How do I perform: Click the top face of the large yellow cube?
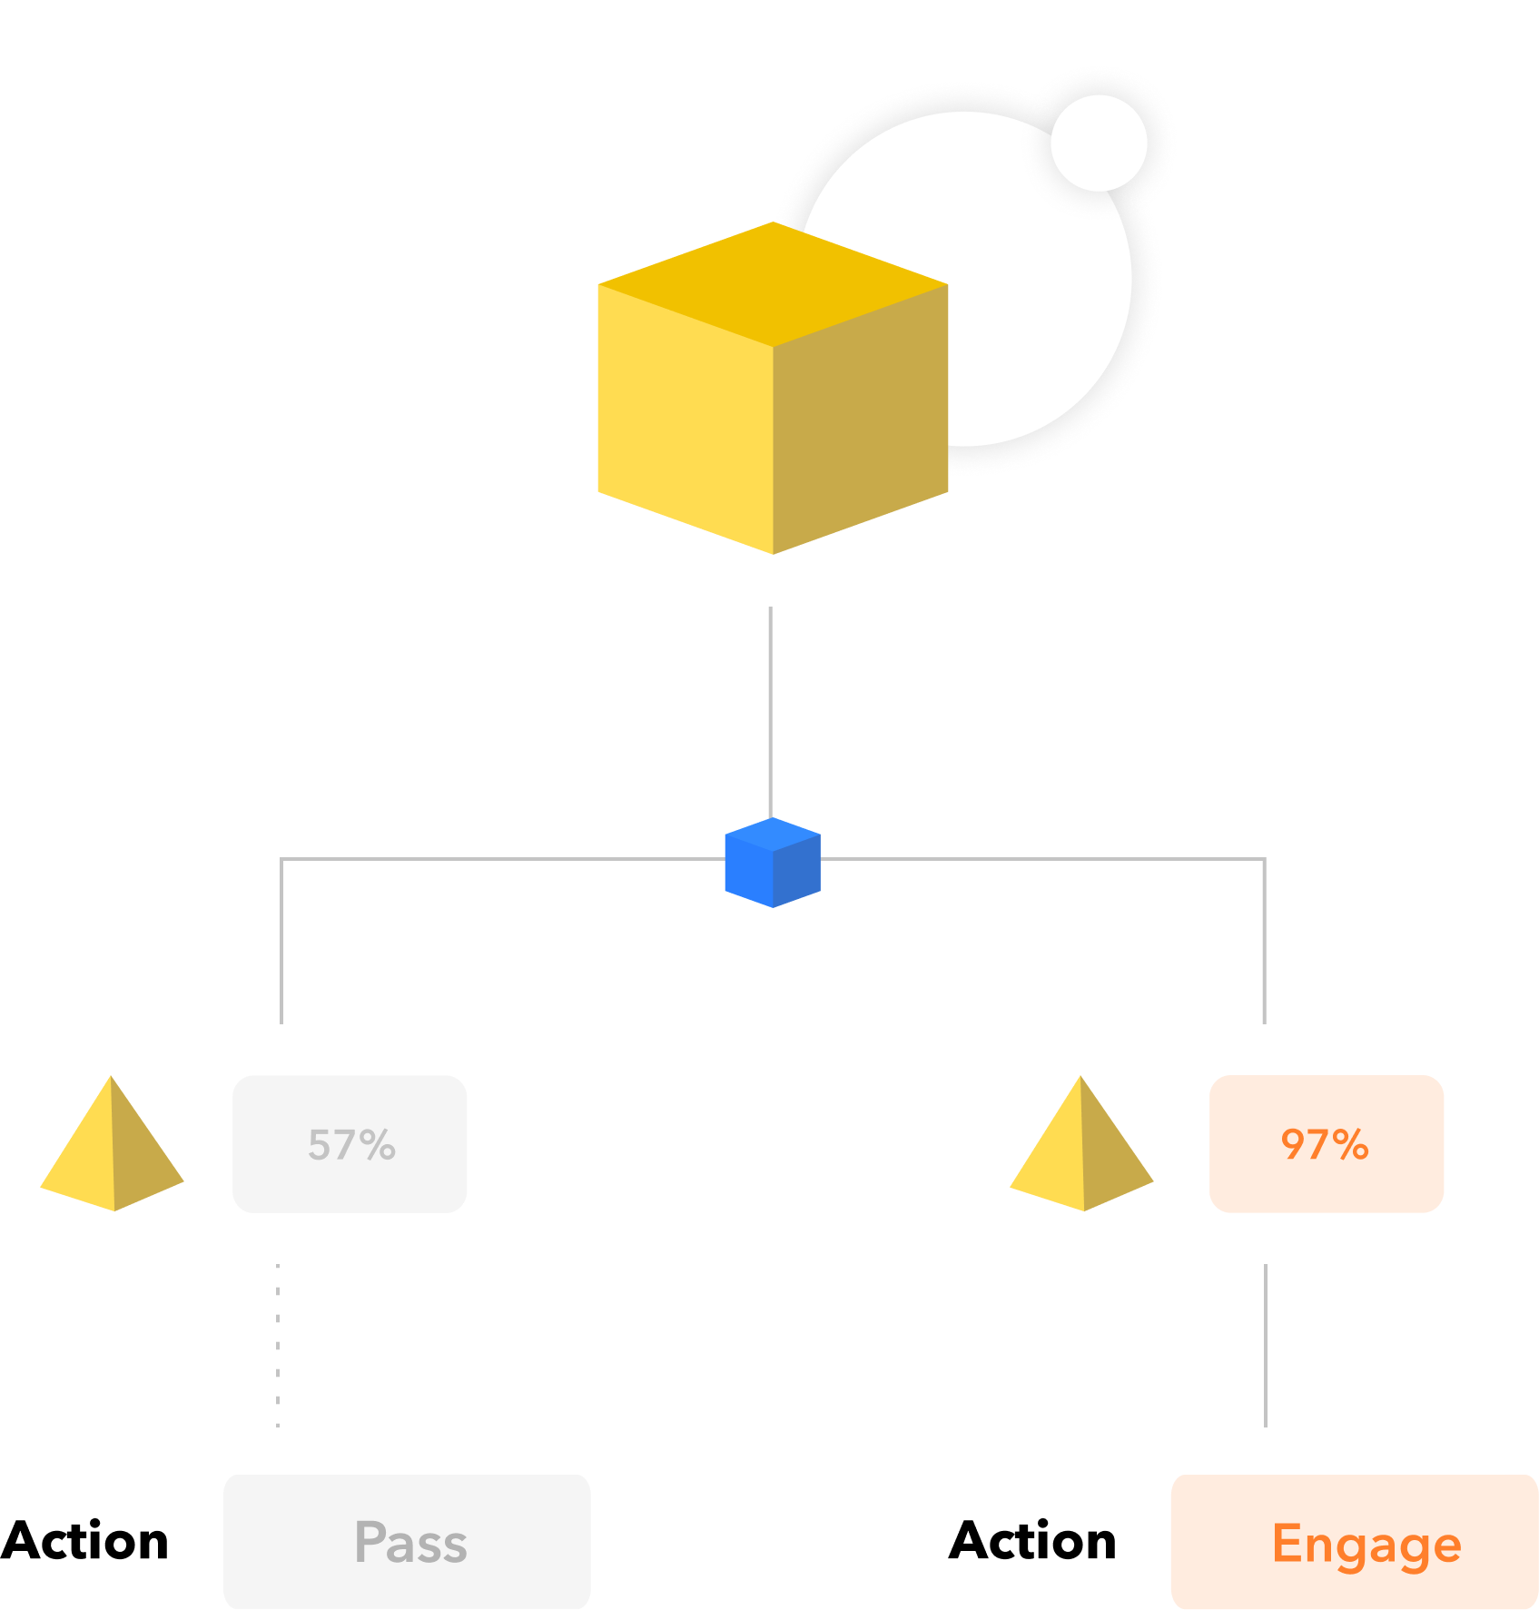coord(773,283)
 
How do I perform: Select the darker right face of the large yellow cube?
coord(861,418)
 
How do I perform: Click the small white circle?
coord(1099,143)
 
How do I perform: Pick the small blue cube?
coord(773,863)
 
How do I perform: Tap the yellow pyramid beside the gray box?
coord(112,1149)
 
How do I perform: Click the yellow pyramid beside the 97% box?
coord(1081,1149)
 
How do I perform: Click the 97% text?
coord(1325,1144)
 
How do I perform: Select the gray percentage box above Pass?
coord(350,1144)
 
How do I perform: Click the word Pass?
coord(410,1543)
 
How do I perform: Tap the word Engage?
coord(1366,1544)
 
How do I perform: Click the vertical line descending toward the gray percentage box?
coord(281,944)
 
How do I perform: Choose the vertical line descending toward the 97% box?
coord(1264,944)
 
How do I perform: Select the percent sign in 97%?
coord(1351,1144)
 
